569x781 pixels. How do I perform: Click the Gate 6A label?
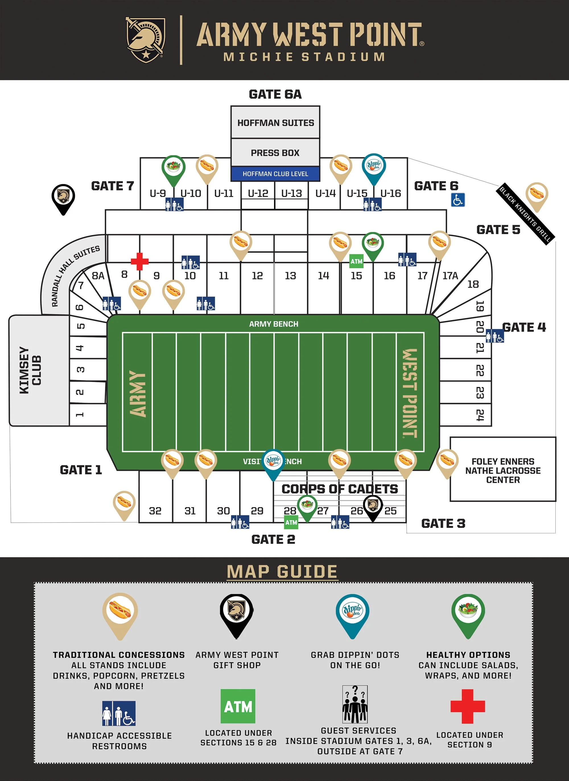coord(275,94)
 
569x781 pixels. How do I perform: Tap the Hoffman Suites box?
coord(275,123)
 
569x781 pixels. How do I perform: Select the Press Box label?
coord(275,152)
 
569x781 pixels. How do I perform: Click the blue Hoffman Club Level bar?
coord(275,174)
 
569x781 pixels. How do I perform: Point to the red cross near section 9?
coord(139,261)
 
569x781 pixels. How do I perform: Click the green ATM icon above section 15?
coord(356,261)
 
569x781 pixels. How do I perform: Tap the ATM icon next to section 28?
coord(291,522)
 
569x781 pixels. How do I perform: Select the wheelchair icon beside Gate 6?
coord(458,200)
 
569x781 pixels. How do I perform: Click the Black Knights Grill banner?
coord(525,214)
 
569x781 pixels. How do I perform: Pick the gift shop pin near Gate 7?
coord(63,198)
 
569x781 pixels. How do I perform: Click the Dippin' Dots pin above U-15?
coord(374,167)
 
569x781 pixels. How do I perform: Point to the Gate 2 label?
coord(273,539)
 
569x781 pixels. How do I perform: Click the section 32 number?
coord(155,511)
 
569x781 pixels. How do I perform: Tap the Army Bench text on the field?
coord(273,324)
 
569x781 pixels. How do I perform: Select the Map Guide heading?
coord(282,572)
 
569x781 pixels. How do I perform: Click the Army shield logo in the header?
coord(146,39)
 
